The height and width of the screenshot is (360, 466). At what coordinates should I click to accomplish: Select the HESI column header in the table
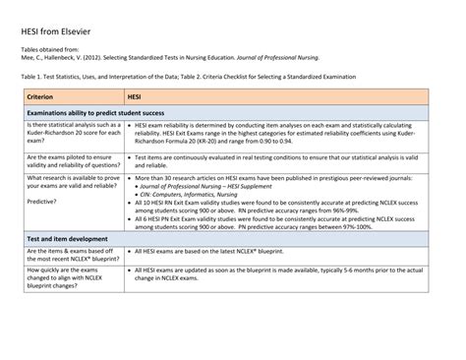(140, 97)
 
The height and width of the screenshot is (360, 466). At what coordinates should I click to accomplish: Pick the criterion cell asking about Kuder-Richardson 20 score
(73, 137)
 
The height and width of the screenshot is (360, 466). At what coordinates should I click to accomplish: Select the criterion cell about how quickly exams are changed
(69, 279)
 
